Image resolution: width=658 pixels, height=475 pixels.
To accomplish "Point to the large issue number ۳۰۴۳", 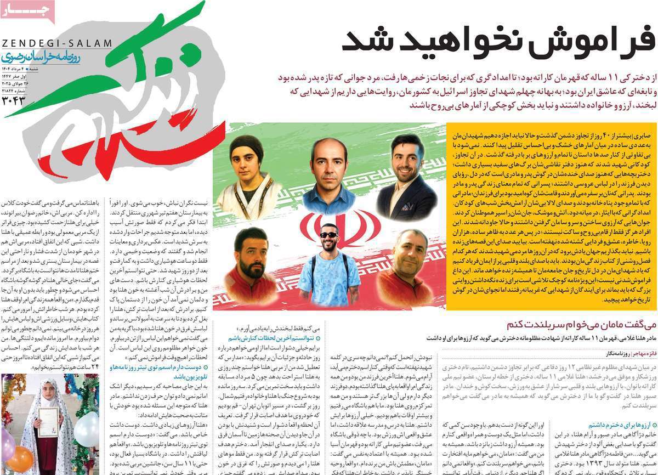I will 14,100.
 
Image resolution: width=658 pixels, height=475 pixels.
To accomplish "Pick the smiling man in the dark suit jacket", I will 407,176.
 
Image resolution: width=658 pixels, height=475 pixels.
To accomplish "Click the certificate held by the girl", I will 48,422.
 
